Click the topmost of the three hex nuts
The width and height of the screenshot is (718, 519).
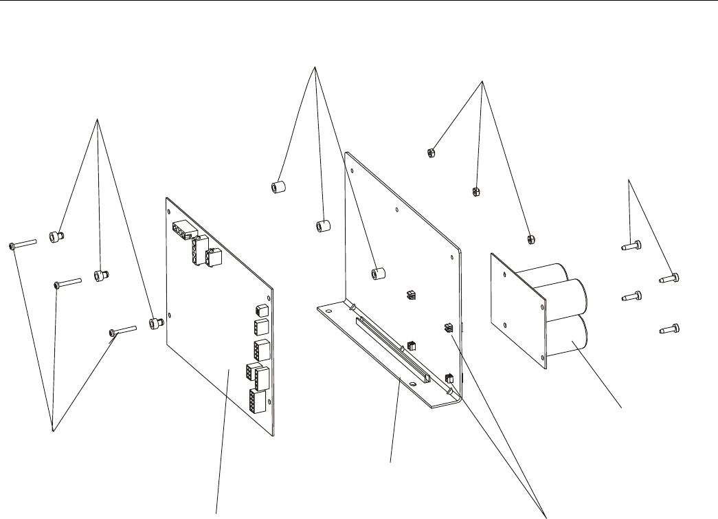point(431,152)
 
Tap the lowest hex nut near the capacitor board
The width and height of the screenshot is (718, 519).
point(530,239)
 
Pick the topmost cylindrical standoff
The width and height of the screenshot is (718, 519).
point(278,187)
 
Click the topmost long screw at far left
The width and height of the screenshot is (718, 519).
point(23,244)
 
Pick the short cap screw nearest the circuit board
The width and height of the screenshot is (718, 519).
point(157,321)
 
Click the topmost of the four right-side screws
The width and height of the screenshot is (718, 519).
point(631,245)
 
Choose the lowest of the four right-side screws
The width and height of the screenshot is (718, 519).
point(671,330)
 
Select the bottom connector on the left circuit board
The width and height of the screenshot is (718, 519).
point(260,401)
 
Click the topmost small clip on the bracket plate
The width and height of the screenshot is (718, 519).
point(411,296)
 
